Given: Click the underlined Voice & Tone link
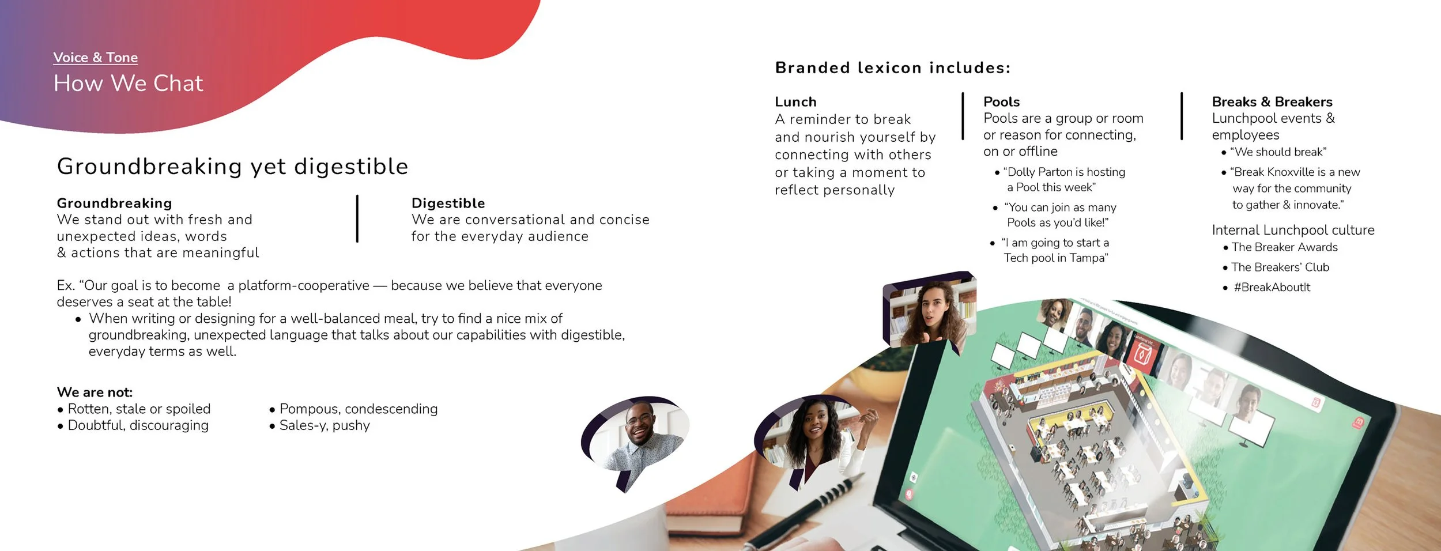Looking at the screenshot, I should tap(95, 58).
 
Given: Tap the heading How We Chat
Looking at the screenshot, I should tap(128, 84).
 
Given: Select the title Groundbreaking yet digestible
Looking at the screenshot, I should tap(232, 167).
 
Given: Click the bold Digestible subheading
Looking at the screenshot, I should tap(448, 203).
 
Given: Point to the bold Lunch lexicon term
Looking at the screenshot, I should tap(795, 102).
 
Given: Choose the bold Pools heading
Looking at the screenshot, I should tap(1001, 102).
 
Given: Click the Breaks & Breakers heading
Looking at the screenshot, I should tap(1272, 102).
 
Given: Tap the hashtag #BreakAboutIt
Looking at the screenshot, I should tap(1272, 287).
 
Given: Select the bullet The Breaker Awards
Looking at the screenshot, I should tap(1284, 247).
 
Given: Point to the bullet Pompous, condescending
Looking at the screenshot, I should tap(358, 409).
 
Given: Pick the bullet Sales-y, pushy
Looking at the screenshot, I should tap(324, 425).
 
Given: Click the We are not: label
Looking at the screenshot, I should tap(95, 392).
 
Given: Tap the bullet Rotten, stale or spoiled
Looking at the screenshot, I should tap(138, 409).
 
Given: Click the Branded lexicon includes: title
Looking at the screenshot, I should tap(892, 68).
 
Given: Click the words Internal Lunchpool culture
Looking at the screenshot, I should tap(1293, 230).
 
